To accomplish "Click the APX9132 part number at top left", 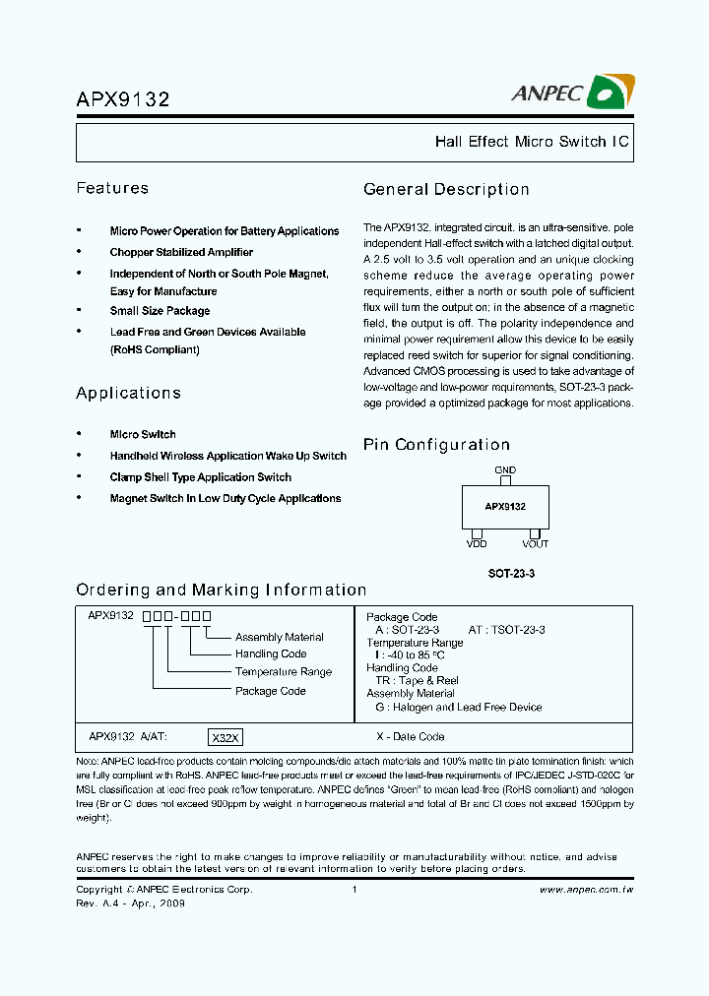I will (x=123, y=99).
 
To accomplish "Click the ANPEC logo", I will (x=572, y=93).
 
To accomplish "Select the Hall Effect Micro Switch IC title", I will (x=531, y=142).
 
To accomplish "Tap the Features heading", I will (x=112, y=188).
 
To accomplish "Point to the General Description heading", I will (x=446, y=189).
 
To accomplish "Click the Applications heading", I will (x=128, y=393).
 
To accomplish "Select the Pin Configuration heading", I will (x=436, y=445).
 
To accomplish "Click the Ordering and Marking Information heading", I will (x=221, y=590).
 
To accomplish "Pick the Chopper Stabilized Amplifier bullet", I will (x=181, y=252).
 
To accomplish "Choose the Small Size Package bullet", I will (x=160, y=311).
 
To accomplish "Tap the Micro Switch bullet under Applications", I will (x=143, y=434).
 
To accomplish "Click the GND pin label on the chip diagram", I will (x=505, y=470).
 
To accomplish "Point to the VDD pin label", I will (x=476, y=543).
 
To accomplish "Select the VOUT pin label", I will (x=535, y=543).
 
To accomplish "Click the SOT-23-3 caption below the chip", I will (x=511, y=572).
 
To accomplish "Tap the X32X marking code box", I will (x=225, y=737).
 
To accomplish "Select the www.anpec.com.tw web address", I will (x=585, y=890).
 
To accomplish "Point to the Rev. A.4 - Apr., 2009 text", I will (x=131, y=903).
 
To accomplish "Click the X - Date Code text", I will (x=411, y=737).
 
